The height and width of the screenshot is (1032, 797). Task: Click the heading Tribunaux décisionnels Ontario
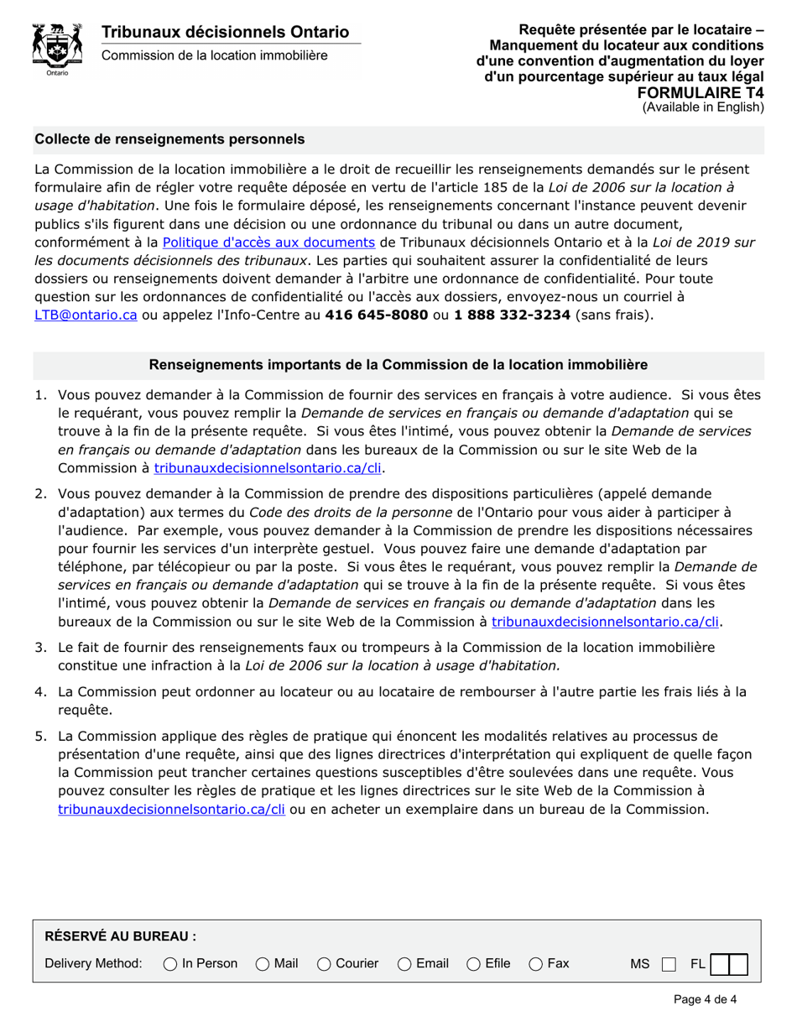tap(225, 32)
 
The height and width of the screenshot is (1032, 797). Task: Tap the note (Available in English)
tap(703, 107)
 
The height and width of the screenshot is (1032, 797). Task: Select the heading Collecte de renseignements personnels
tap(169, 138)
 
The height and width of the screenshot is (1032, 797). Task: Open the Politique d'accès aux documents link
tap(268, 242)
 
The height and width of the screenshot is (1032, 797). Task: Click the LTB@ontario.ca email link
tap(85, 315)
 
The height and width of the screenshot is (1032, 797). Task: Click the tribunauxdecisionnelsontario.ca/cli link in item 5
tap(172, 810)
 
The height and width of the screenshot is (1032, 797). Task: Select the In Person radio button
tap(170, 965)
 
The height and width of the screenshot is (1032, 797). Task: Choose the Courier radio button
tap(324, 965)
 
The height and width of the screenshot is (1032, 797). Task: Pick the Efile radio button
tap(473, 965)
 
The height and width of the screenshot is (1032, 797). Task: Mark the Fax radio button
tap(535, 965)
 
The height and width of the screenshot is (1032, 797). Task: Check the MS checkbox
tap(668, 965)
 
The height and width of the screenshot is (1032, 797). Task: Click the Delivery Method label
tap(93, 965)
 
